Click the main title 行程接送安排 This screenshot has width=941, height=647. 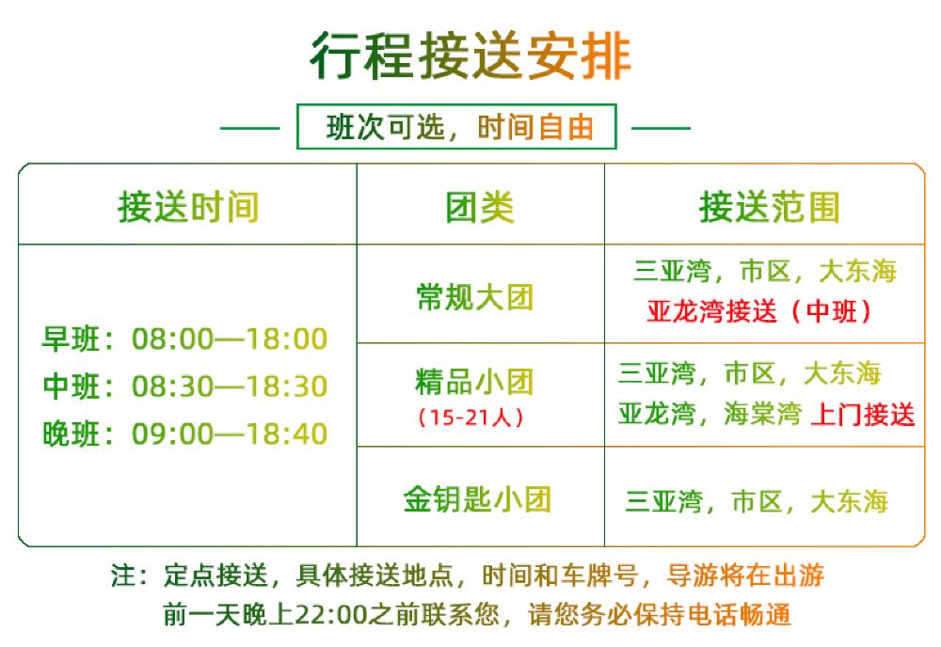pyautogui.click(x=470, y=56)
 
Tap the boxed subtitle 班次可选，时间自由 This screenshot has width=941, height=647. pyautogui.click(x=460, y=127)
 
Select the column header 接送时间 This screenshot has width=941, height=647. pyautogui.click(x=188, y=207)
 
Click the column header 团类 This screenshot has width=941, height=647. pyautogui.click(x=480, y=207)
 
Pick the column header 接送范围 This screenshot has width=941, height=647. pyautogui.click(x=769, y=207)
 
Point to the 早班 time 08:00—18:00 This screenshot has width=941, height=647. pyautogui.click(x=230, y=339)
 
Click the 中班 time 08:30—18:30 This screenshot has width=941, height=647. pyautogui.click(x=230, y=387)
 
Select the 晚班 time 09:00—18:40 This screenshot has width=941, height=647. pyautogui.click(x=230, y=434)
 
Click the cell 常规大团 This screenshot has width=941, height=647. pyautogui.click(x=474, y=297)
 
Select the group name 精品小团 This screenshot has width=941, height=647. pyautogui.click(x=474, y=382)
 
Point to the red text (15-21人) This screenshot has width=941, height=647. pyautogui.click(x=470, y=417)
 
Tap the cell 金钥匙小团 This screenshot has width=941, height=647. pyautogui.click(x=477, y=499)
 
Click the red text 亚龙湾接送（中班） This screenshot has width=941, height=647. pyautogui.click(x=759, y=310)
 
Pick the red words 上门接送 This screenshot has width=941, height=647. pyautogui.click(x=862, y=415)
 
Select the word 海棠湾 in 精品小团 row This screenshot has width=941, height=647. pyautogui.click(x=762, y=414)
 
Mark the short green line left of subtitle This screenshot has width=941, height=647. pyautogui.click(x=249, y=128)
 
